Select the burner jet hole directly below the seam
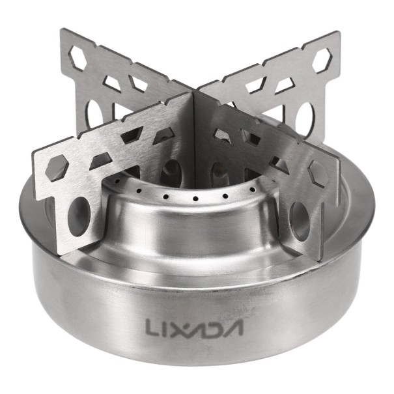(193, 197)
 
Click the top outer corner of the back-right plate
(337, 33)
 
